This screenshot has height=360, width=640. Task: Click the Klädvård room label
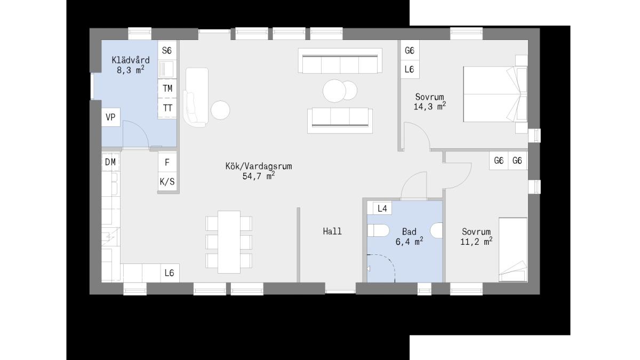click(x=131, y=60)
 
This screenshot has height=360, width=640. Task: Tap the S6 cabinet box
click(x=167, y=50)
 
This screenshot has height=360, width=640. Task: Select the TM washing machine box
click(x=167, y=89)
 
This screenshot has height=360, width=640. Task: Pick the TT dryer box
click(x=167, y=108)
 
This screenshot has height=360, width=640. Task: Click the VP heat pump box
click(x=111, y=117)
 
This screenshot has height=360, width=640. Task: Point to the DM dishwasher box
click(x=111, y=162)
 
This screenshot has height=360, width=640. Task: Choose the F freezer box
click(x=167, y=162)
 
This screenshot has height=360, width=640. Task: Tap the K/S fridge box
click(x=167, y=182)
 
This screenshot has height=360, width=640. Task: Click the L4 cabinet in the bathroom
click(x=382, y=209)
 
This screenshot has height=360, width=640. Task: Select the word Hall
click(x=332, y=231)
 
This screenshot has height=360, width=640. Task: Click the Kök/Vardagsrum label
click(x=259, y=166)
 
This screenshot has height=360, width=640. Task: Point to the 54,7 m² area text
click(x=259, y=175)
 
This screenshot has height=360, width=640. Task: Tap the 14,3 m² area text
click(x=430, y=106)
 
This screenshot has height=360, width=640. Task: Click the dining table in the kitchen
click(x=229, y=242)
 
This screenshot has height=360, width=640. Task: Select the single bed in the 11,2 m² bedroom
click(x=513, y=250)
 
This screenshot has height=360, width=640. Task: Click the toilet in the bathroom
click(x=378, y=230)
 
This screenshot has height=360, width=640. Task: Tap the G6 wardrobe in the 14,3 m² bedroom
click(x=410, y=50)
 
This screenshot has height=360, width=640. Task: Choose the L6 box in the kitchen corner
click(x=170, y=273)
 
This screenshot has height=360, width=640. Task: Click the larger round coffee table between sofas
click(x=334, y=91)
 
